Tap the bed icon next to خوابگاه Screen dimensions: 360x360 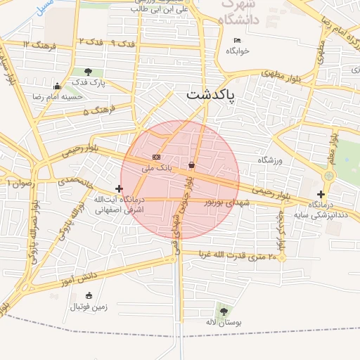[237, 40]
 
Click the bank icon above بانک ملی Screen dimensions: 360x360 [156, 157]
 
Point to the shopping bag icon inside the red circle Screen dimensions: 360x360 [191, 165]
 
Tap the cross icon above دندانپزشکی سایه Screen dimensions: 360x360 [321, 194]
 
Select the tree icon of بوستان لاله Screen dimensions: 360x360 [223, 311]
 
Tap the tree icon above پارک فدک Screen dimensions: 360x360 [88, 72]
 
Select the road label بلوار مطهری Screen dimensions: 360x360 [281, 74]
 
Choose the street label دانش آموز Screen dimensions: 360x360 [78, 278]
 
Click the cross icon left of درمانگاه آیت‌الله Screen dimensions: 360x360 [119, 188]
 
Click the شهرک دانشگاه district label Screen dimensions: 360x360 [249, 13]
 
